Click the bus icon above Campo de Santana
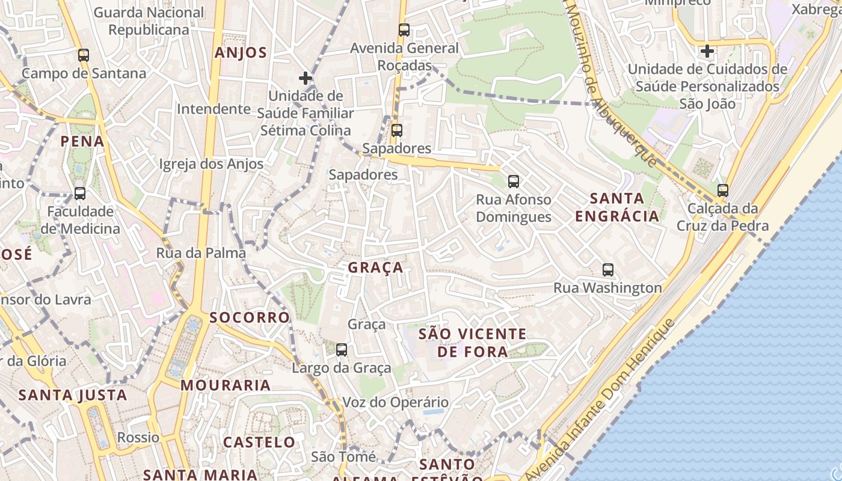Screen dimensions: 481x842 click(x=84, y=55)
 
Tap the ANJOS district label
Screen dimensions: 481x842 click(x=241, y=53)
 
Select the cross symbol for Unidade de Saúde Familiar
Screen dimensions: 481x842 click(x=306, y=78)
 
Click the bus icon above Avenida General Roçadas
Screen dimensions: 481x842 click(x=404, y=30)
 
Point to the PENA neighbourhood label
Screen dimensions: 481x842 click(x=82, y=142)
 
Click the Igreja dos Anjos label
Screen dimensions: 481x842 click(x=211, y=164)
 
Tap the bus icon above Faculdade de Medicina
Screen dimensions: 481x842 click(x=80, y=194)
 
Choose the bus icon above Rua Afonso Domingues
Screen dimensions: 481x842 click(x=513, y=181)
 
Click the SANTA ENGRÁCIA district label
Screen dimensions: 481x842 click(x=617, y=207)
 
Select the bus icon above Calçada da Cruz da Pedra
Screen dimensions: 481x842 click(x=723, y=191)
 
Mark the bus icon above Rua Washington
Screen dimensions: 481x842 click(x=608, y=270)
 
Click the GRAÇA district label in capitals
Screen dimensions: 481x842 click(x=376, y=268)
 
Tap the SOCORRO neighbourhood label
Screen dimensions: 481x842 click(x=250, y=317)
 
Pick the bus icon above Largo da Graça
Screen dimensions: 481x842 click(x=342, y=349)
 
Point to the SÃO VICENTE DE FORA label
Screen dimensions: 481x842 click(x=472, y=343)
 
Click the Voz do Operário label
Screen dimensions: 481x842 click(x=395, y=402)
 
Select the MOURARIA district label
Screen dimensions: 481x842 click(x=226, y=385)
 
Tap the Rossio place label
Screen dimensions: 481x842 click(x=138, y=437)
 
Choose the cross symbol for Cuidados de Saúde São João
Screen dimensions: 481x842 click(x=707, y=51)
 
